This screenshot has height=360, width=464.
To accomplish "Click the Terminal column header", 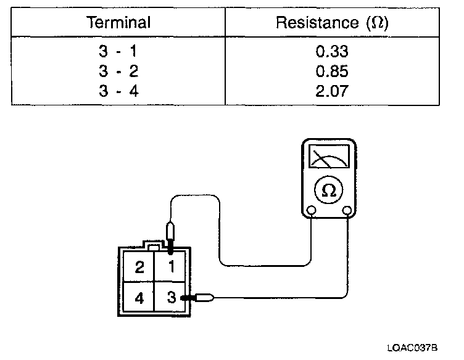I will [118, 24].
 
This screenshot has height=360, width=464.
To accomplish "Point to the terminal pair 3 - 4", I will [118, 92].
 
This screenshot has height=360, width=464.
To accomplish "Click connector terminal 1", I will [172, 267].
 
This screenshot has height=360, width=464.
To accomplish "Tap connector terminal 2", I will [139, 267].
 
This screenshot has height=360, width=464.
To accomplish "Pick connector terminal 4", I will [139, 298].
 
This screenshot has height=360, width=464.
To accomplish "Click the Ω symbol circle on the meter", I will [329, 190].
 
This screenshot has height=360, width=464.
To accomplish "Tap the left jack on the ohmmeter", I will [312, 211].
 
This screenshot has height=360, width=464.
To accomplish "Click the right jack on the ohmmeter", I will [347, 211].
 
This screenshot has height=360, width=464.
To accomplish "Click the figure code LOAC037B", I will [413, 348].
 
